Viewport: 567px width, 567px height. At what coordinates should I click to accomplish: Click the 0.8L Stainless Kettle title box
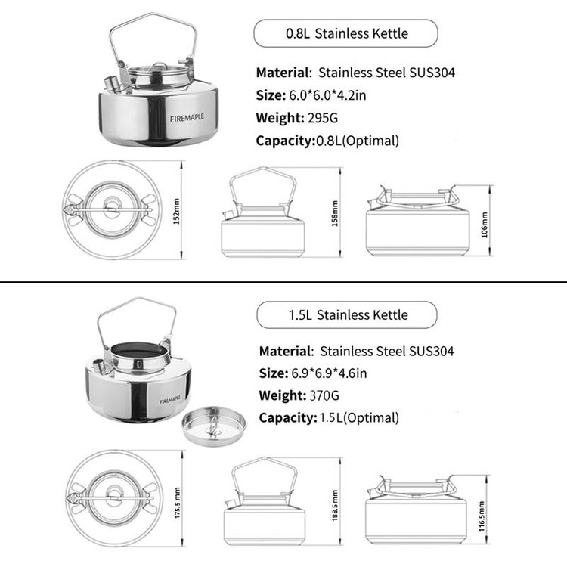click(345, 33)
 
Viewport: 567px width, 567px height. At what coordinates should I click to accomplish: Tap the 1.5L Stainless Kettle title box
click(347, 314)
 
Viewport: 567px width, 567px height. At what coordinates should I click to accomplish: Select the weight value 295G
click(323, 118)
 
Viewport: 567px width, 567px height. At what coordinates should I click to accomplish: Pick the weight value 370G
click(324, 395)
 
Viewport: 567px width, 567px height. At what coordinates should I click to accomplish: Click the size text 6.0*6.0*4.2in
click(327, 95)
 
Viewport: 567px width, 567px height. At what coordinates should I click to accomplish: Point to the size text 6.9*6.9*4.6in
click(329, 373)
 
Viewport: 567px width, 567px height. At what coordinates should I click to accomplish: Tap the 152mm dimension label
click(176, 211)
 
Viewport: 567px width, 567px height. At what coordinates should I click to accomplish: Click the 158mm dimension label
click(334, 213)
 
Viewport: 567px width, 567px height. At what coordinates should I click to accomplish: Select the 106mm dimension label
click(484, 225)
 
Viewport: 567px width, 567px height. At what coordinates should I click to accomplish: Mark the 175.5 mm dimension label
click(177, 503)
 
